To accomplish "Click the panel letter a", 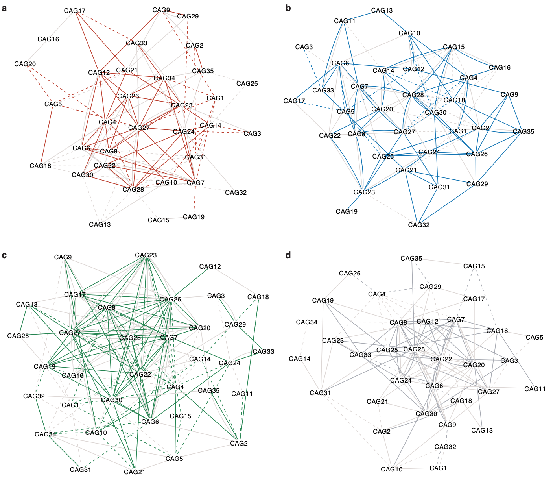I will [x=4, y=7].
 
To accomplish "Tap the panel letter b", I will [x=288, y=7].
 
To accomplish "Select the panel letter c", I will [x=4, y=255].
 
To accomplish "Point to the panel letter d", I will [x=288, y=255].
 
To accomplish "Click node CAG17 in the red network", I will [x=75, y=11].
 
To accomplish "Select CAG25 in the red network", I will [x=247, y=83].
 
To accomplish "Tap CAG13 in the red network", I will [x=100, y=224].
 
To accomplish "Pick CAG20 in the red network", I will [x=25, y=64].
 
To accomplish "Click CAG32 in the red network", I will [x=236, y=192].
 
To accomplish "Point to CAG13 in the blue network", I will [x=382, y=10].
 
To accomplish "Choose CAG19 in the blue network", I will [x=347, y=211].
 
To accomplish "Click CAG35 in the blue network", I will [x=523, y=131].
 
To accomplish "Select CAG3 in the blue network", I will [x=304, y=47].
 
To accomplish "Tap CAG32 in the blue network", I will [x=418, y=225].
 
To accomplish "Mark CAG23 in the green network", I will [x=146, y=255].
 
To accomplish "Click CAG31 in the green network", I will [x=80, y=469].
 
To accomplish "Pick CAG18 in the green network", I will [x=258, y=297].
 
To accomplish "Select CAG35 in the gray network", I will [x=411, y=258].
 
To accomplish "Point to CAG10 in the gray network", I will [x=391, y=469].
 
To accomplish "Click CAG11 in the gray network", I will [x=535, y=389].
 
